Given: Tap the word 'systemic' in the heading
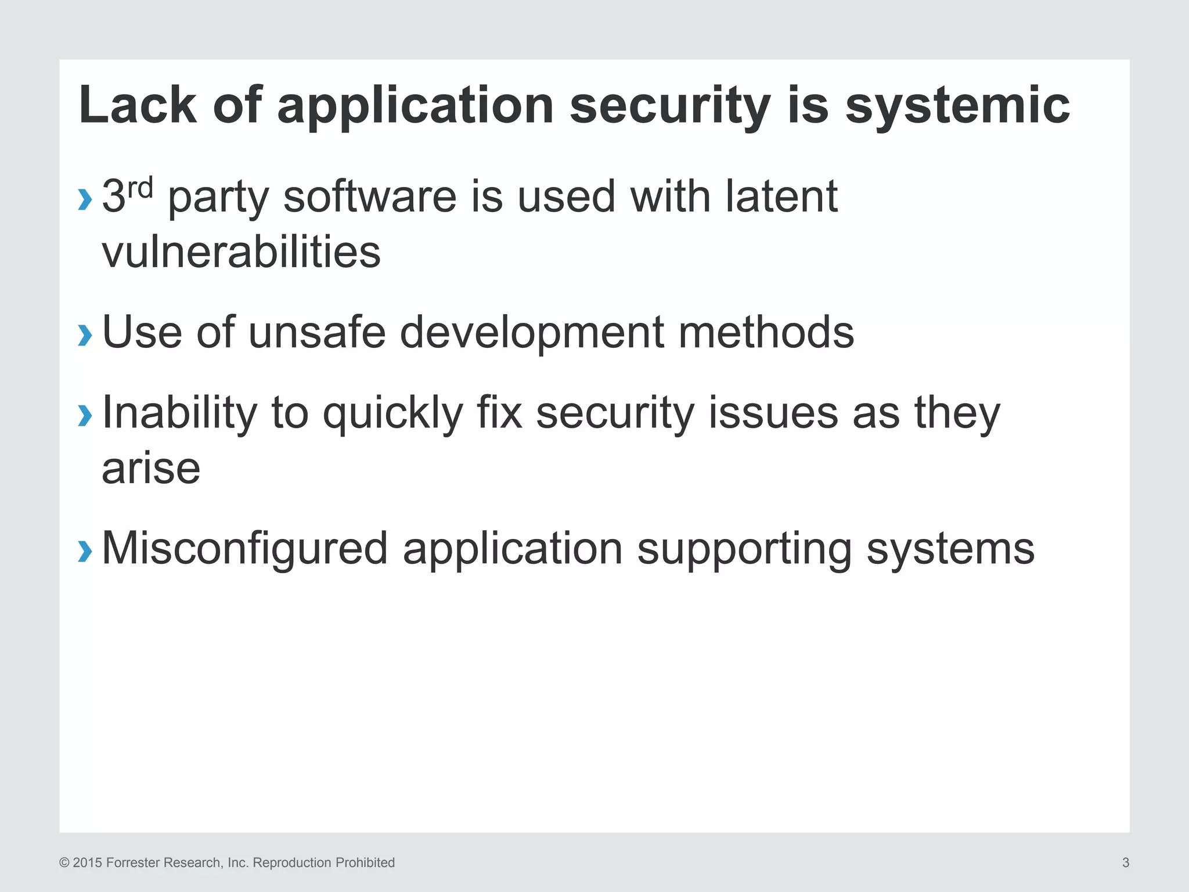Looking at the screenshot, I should [x=957, y=106].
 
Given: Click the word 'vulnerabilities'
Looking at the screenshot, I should [x=241, y=252].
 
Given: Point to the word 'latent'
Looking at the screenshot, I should [x=781, y=196].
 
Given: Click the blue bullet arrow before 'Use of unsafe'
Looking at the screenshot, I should [x=85, y=334].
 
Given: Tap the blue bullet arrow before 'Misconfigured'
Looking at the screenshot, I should [x=85, y=551].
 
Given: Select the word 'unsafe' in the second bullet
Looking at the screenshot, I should [x=317, y=332].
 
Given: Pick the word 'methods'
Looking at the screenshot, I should [x=766, y=332].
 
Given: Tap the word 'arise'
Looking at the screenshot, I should [x=151, y=468].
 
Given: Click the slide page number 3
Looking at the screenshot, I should [x=1126, y=863].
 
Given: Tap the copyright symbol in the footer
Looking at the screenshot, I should [x=64, y=863].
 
